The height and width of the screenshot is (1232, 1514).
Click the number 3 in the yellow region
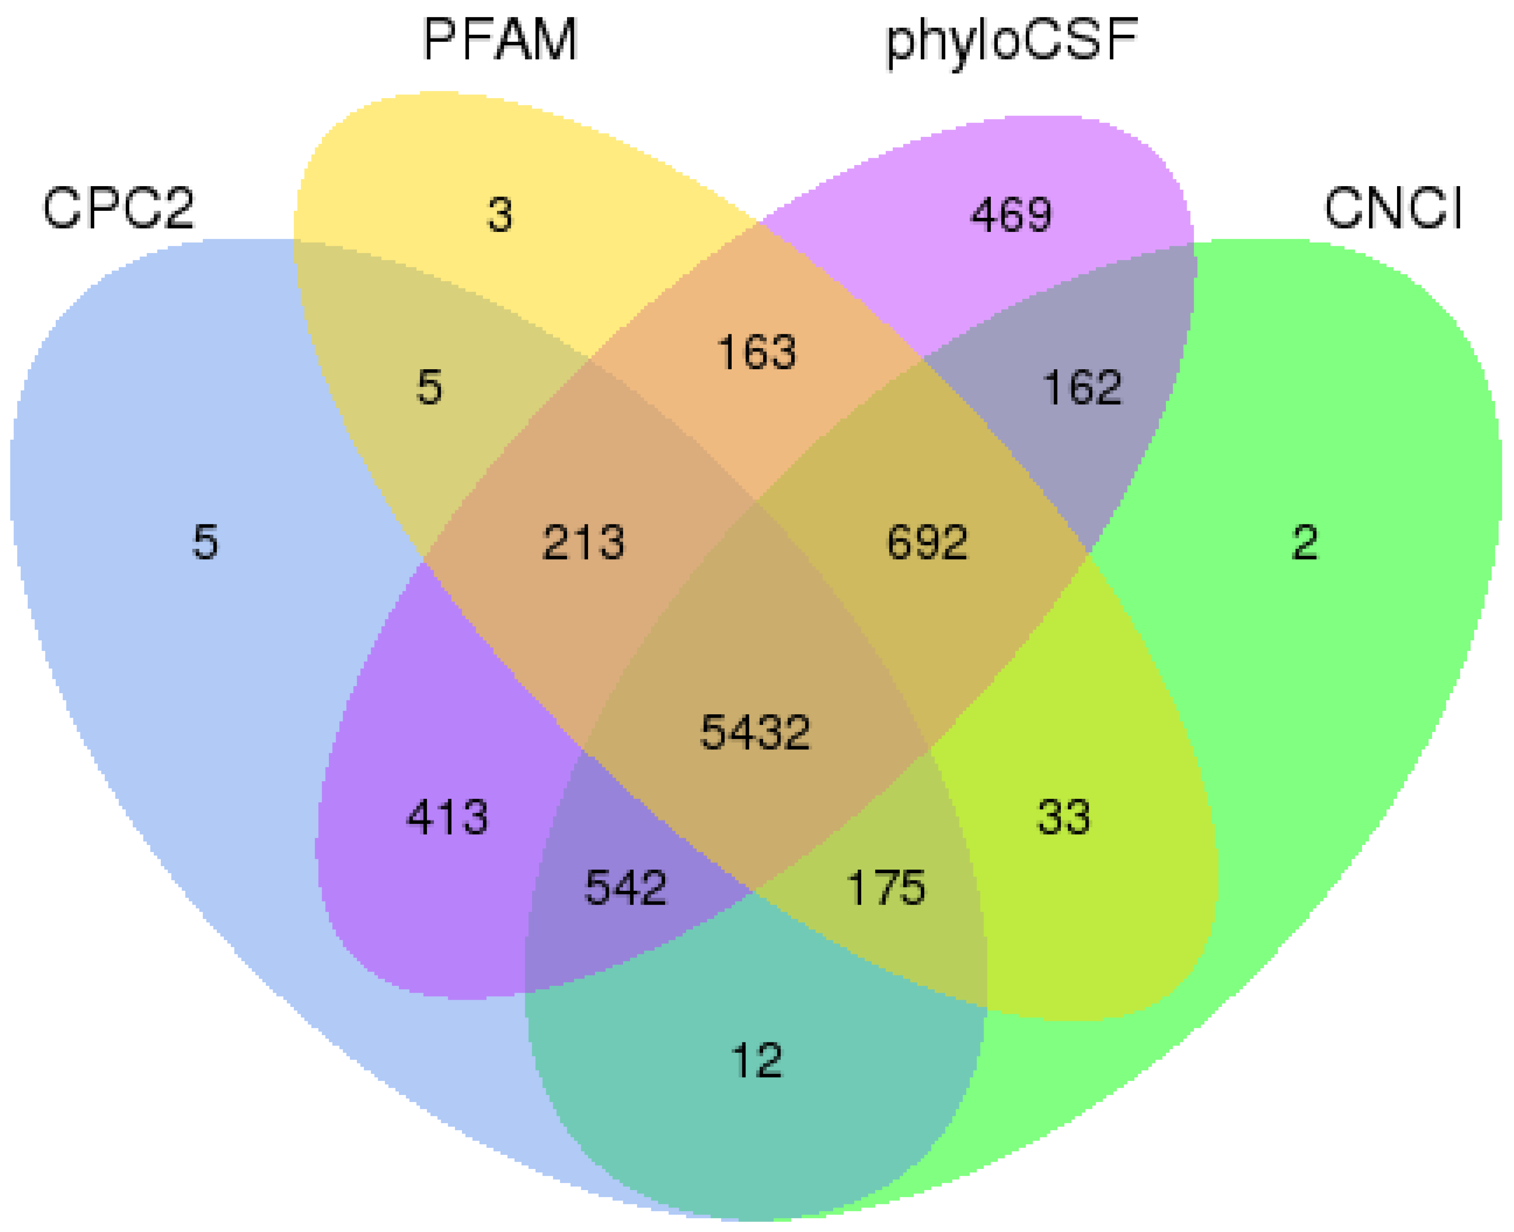tap(500, 215)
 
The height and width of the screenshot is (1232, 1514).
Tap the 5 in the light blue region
tap(206, 543)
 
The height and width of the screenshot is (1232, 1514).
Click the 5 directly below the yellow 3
tap(429, 387)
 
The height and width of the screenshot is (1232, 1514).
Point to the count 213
tap(584, 543)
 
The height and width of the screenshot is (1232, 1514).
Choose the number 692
tap(927, 543)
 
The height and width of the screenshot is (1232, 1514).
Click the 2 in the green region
tap(1305, 543)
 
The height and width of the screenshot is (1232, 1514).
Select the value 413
tap(447, 817)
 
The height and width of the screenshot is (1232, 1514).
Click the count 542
tap(625, 888)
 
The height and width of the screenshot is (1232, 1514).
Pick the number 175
tap(886, 888)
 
